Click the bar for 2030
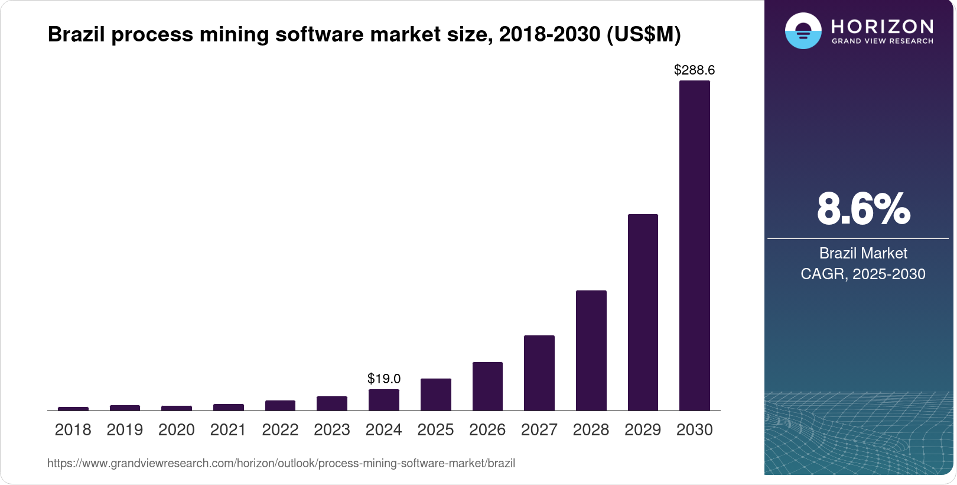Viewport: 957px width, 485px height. [x=694, y=245]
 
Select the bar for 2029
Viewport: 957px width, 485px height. [x=643, y=312]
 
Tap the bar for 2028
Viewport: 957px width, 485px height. [x=591, y=350]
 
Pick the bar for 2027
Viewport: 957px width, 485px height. [x=539, y=373]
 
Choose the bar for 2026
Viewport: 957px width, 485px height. [x=487, y=386]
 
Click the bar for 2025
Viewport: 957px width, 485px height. [x=435, y=395]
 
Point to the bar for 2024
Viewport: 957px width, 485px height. [x=383, y=400]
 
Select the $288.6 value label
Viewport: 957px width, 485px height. [x=694, y=70]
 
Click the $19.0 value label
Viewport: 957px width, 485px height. [x=383, y=379]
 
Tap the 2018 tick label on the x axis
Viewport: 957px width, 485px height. [x=73, y=429]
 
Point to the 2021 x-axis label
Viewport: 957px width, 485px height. [x=228, y=429]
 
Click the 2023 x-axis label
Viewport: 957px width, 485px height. [x=331, y=429]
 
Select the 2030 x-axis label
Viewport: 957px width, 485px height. [x=694, y=429]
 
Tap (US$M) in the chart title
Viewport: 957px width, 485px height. [x=643, y=34]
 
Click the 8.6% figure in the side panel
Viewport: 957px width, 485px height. [x=863, y=209]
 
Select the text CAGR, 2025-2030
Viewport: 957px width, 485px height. [x=862, y=274]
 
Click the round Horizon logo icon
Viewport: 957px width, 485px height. [x=803, y=31]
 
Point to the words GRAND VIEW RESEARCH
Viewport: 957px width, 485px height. [x=882, y=41]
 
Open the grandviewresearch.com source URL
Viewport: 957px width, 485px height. [x=281, y=463]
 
